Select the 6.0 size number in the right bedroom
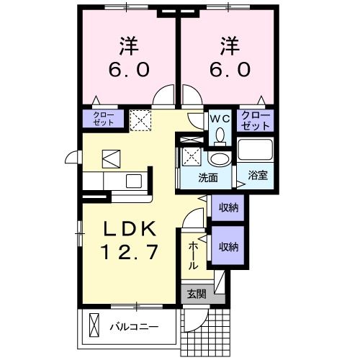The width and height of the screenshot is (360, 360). point(230,70)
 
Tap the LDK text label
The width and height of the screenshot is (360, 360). point(129,230)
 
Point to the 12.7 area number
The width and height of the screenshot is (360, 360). point(129,253)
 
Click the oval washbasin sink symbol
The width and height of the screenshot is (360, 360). point(219,160)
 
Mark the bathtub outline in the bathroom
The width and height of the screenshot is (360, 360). point(256,152)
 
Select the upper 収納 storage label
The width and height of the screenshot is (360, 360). point(228,207)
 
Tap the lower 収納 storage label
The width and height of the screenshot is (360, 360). point(228,247)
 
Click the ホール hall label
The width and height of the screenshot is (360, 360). point(193,256)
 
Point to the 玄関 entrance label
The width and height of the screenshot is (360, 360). point(197,294)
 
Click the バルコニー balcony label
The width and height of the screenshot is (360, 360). point(133,326)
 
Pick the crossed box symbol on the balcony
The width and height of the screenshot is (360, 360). point(93,325)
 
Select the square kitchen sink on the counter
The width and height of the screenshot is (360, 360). point(132,181)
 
